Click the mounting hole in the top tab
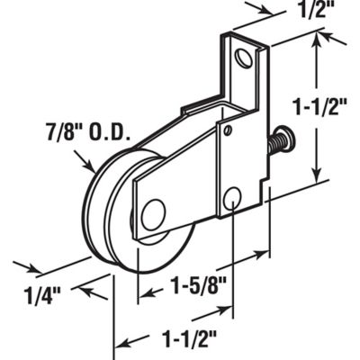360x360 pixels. pyautogui.click(x=243, y=60)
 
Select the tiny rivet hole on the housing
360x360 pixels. pyautogui.click(x=229, y=132)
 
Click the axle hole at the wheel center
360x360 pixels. pyautogui.click(x=153, y=214)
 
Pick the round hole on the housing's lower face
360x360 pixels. pyautogui.click(x=231, y=199)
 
